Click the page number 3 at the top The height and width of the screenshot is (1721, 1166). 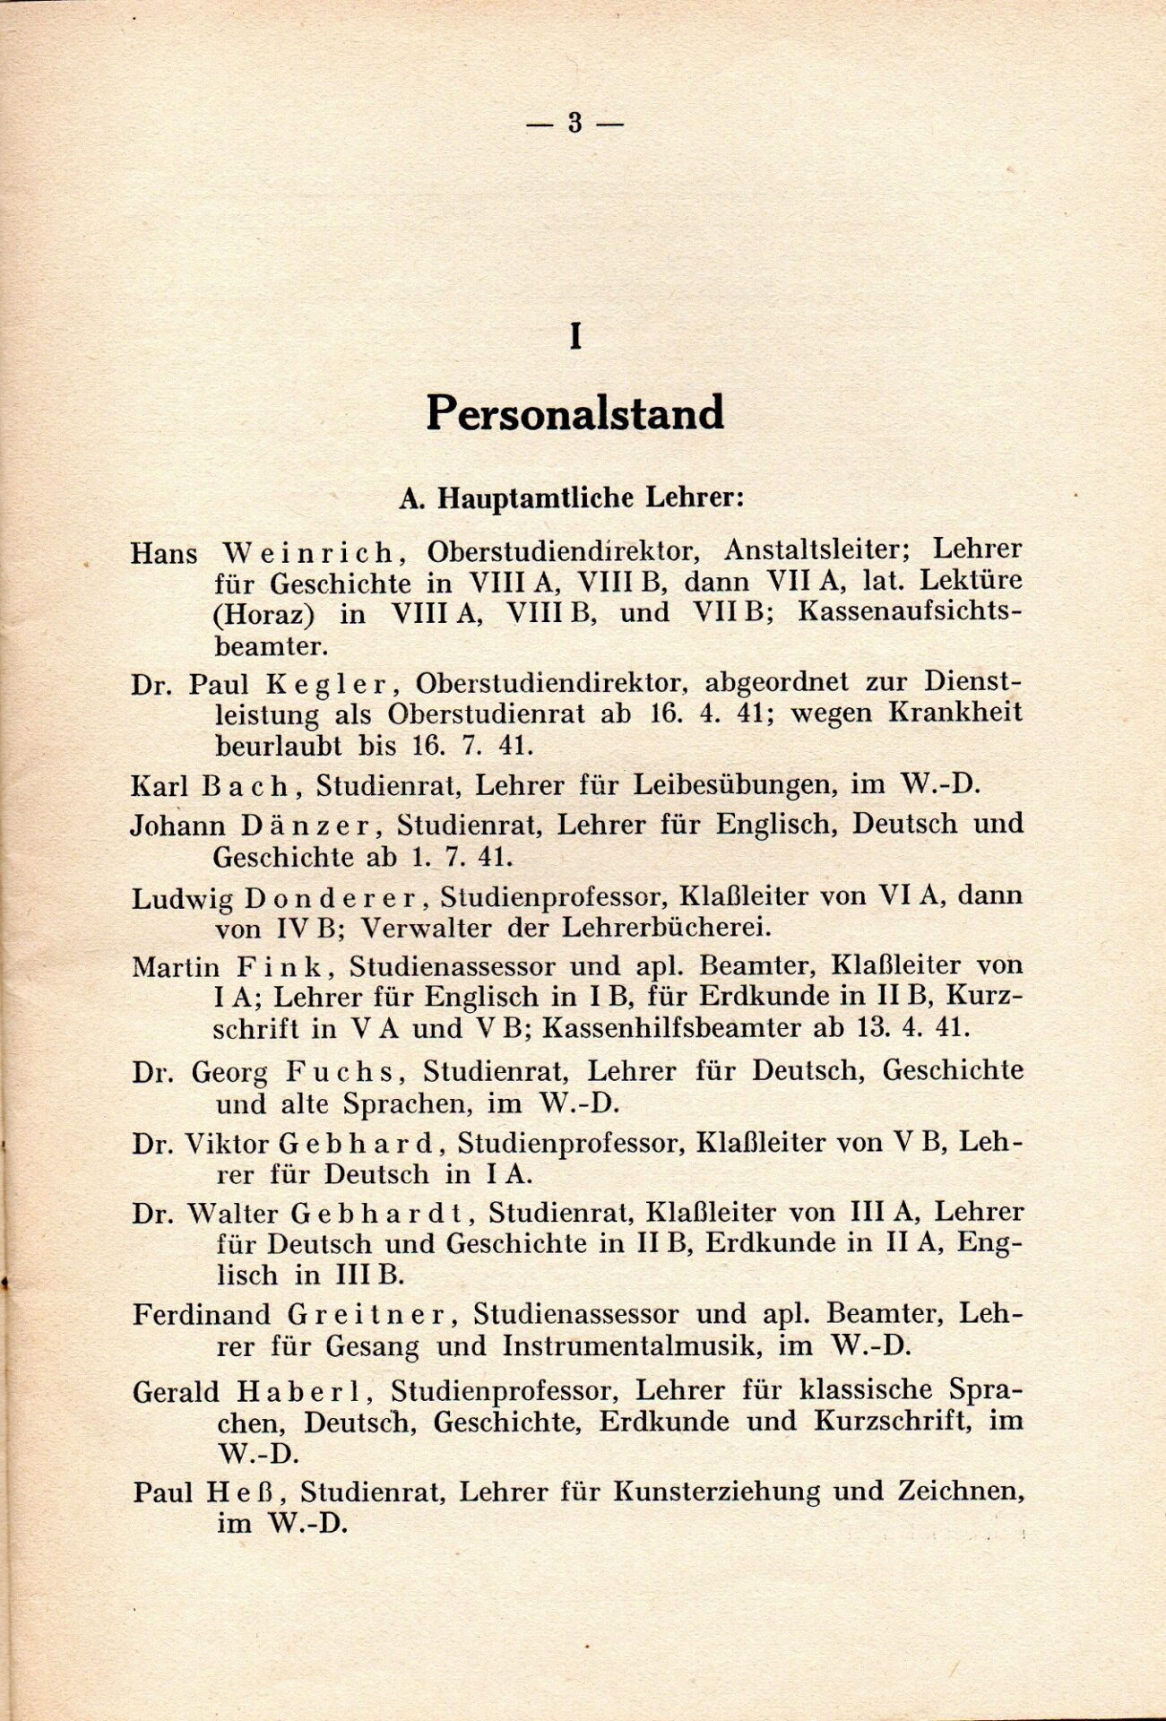(574, 124)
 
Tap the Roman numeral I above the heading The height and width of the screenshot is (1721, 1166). (575, 336)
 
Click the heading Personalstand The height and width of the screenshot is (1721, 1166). (574, 413)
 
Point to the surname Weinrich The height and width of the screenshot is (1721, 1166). (311, 551)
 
